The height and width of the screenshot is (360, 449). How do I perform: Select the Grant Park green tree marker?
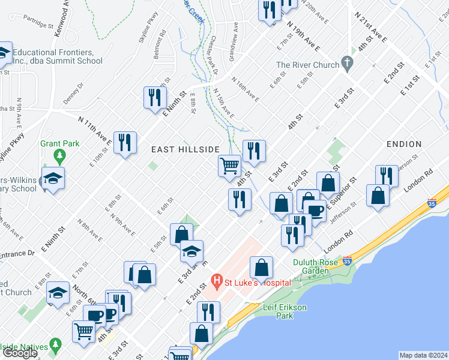pos(59,157)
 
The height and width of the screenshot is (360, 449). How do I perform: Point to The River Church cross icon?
pos(346,62)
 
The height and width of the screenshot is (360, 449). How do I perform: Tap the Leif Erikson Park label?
pos(285,311)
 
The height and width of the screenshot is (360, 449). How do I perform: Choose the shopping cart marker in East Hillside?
pos(229,166)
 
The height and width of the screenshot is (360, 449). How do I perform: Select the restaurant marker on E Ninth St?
pos(154,97)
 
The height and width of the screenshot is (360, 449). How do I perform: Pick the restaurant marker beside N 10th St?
pos(125,143)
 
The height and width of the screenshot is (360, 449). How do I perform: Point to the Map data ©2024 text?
pos(423,355)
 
